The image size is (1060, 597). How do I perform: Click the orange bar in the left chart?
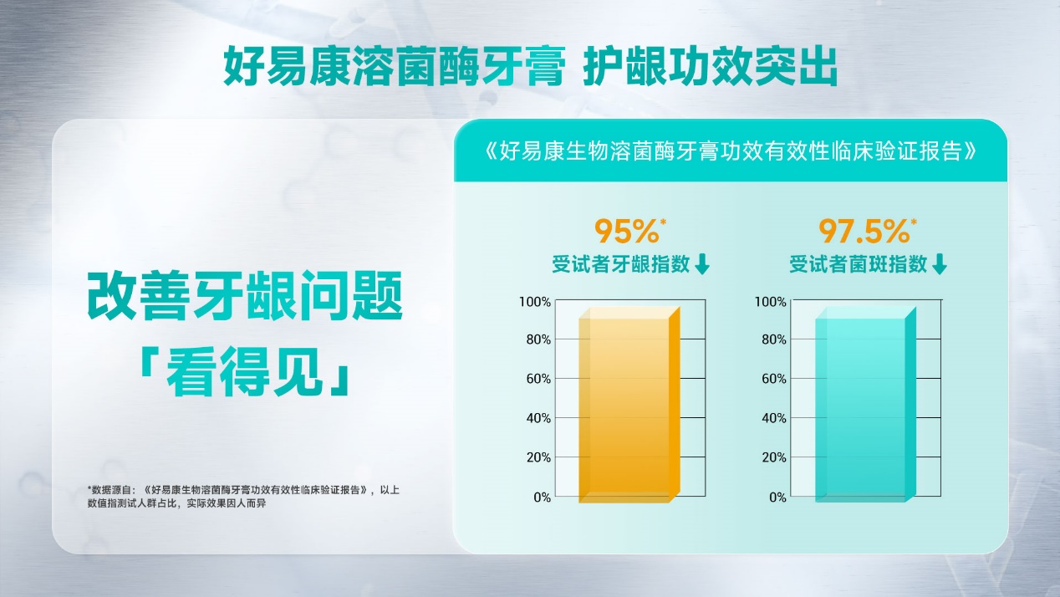tap(629, 405)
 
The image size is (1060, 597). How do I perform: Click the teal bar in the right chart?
tap(865, 405)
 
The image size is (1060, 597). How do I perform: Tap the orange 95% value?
tap(627, 231)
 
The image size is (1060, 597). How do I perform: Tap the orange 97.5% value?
tap(864, 231)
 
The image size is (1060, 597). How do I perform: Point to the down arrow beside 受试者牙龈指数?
tap(702, 263)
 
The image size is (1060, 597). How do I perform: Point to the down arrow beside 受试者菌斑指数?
tap(940, 263)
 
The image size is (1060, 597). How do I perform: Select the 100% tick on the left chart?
tap(535, 302)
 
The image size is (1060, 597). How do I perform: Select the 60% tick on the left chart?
tap(538, 379)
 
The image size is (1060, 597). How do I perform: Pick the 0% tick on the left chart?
tap(543, 497)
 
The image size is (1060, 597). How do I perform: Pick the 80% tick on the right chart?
tap(774, 339)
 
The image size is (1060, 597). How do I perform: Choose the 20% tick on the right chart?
tap(774, 457)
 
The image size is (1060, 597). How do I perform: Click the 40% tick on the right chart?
tap(774, 418)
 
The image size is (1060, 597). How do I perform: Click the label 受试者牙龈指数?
tap(621, 264)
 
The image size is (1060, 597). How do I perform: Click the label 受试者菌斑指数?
tap(858, 264)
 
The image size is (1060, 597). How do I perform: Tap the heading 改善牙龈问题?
tap(245, 296)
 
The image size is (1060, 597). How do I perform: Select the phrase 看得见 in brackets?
tap(245, 371)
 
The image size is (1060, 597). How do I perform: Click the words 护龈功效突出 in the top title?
tap(711, 66)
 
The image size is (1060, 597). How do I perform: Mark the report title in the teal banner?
tap(731, 151)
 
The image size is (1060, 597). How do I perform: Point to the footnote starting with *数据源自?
tap(243, 496)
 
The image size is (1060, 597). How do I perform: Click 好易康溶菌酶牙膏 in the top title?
tap(395, 66)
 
